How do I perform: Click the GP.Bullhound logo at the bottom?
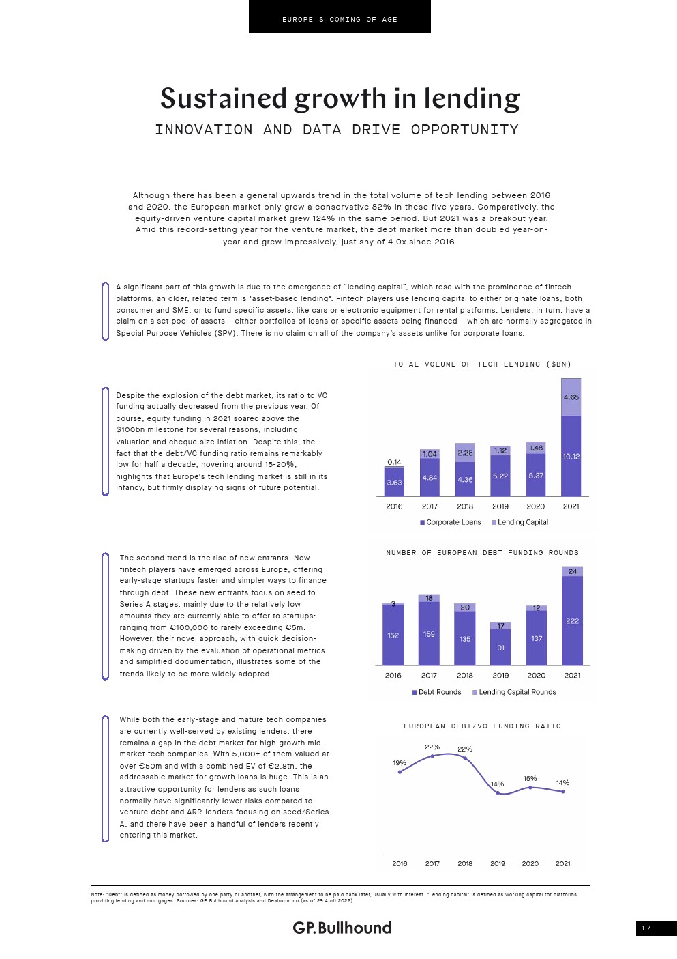click(x=342, y=928)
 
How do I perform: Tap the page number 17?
click(x=646, y=928)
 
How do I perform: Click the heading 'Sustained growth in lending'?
click(x=340, y=99)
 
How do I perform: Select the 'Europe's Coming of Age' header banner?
click(x=340, y=19)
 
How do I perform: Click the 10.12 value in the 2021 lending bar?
click(x=571, y=456)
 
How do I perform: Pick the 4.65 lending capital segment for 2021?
click(x=571, y=397)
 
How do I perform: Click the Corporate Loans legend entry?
click(x=450, y=522)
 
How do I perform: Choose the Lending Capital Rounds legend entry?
click(x=514, y=692)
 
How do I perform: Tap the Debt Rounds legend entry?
click(x=436, y=692)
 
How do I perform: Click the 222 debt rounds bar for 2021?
click(x=572, y=620)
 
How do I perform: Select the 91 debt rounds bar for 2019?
click(x=500, y=647)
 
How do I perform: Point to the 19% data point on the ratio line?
click(x=400, y=772)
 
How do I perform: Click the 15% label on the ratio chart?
click(x=530, y=779)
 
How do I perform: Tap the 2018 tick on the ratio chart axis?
click(x=465, y=863)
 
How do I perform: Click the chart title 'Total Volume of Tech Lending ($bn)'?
click(x=482, y=364)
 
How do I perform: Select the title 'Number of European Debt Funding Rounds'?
click(x=482, y=553)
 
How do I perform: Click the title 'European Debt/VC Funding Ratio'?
click(x=482, y=726)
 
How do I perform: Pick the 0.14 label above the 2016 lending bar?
click(x=394, y=462)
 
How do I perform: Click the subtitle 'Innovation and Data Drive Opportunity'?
click(x=337, y=130)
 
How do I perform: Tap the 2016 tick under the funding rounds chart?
click(x=393, y=676)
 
